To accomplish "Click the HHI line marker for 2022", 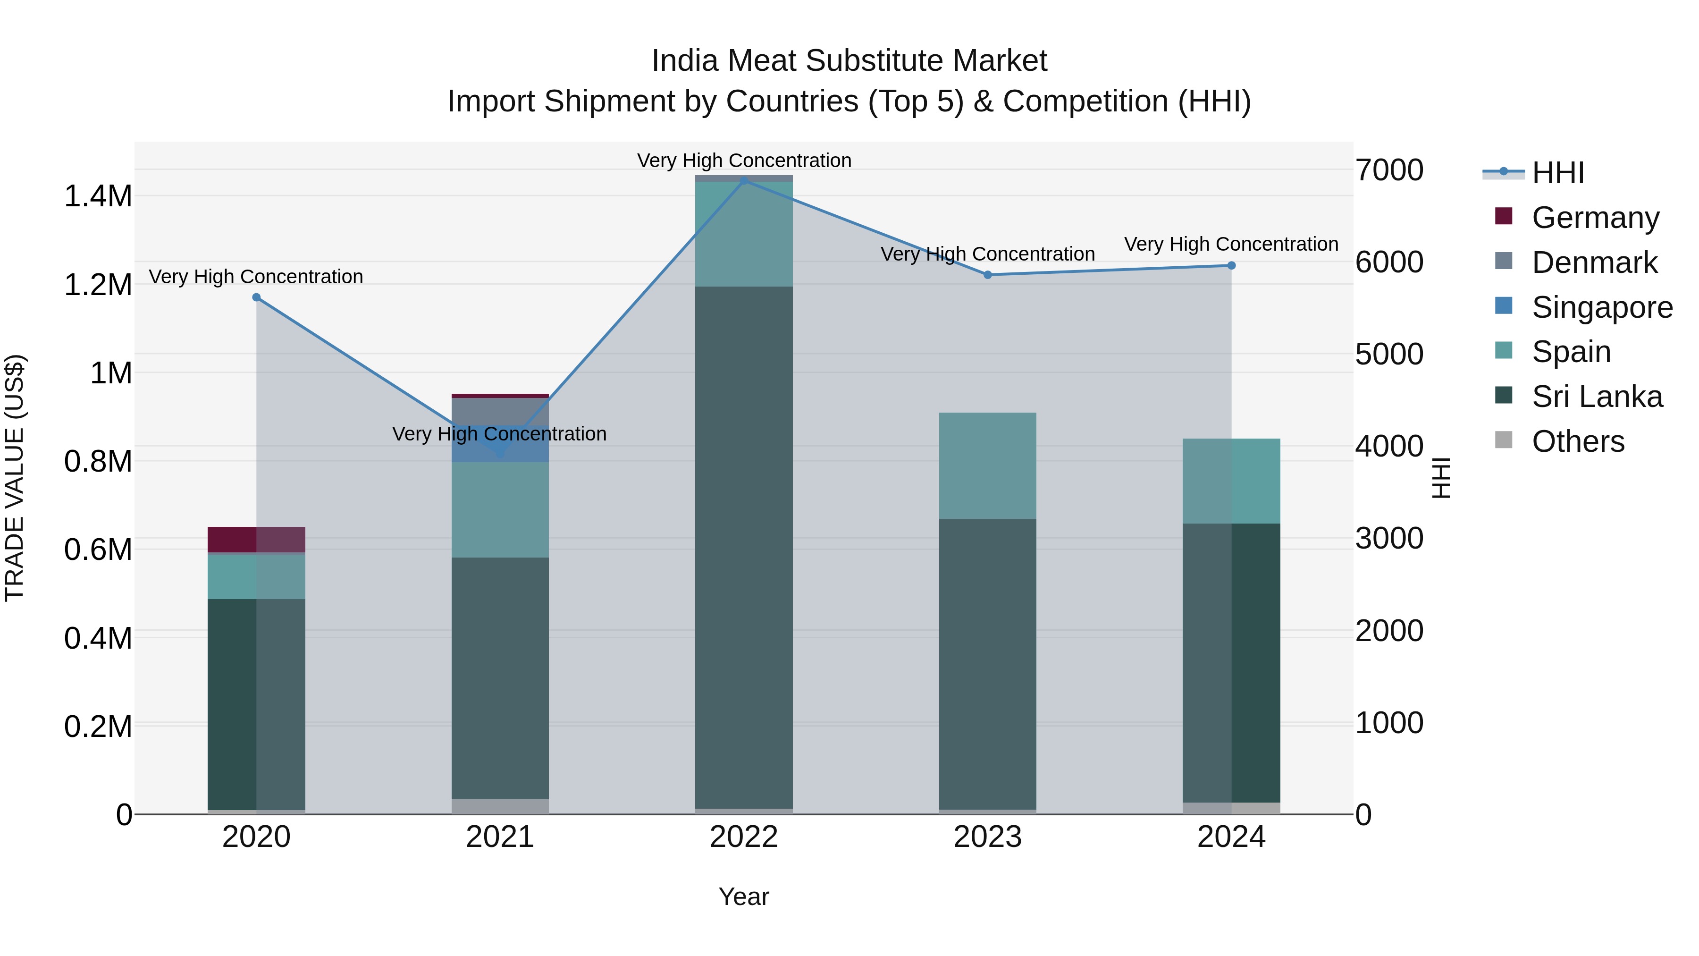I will coord(744,180).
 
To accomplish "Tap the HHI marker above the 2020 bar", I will coord(257,297).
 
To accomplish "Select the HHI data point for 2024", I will coord(1231,266).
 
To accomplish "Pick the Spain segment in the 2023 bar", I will coord(987,466).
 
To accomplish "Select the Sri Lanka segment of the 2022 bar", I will coord(744,548).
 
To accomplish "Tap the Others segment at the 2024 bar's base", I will coord(1231,808).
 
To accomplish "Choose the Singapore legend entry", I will coord(1601,307).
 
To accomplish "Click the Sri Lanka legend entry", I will coord(1596,397).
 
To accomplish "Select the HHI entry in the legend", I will coord(1556,173).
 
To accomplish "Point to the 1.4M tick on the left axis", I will coord(98,196).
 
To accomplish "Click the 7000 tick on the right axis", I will coord(1389,170).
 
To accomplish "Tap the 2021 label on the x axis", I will coord(500,837).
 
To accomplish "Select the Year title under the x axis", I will coord(743,897).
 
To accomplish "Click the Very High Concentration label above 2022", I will coord(744,161).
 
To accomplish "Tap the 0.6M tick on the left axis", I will coord(98,550).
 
